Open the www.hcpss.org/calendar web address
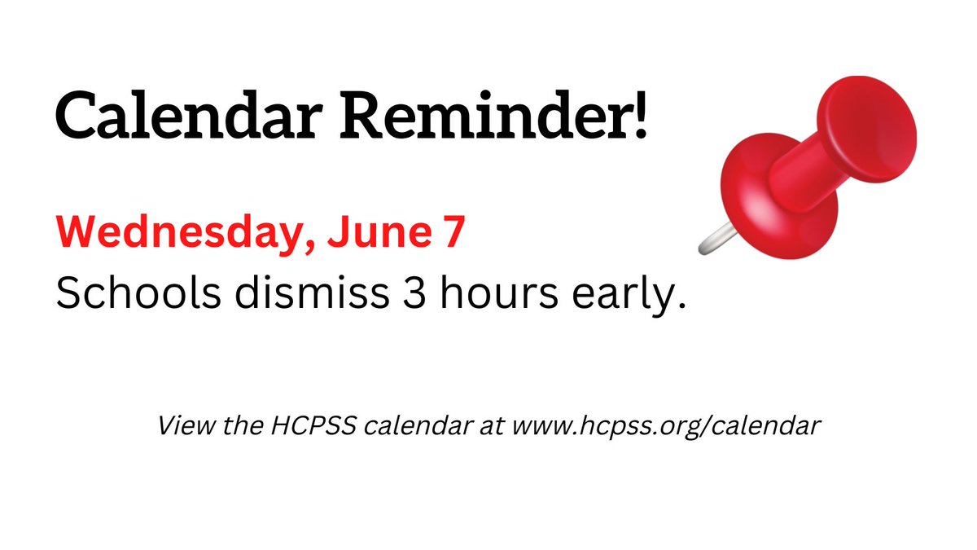click(x=663, y=426)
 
